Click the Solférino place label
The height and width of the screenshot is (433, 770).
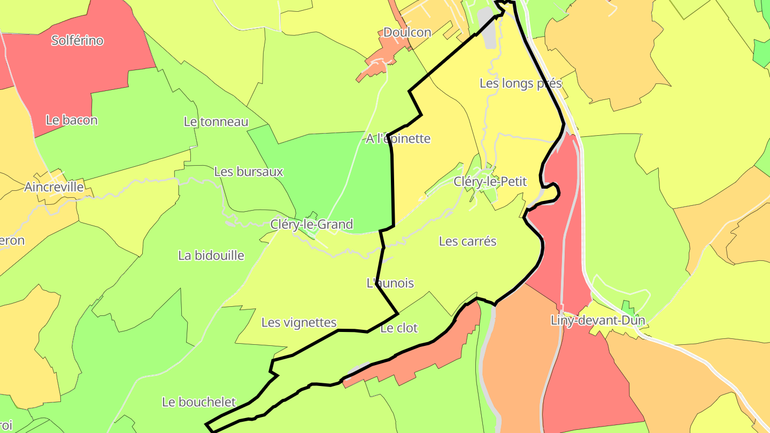coord(78,40)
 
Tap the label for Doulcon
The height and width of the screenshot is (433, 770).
coord(407,32)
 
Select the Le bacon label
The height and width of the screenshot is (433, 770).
coord(72,120)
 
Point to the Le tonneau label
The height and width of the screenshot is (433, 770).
coord(216,121)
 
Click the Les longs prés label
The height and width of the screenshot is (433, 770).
coord(521,83)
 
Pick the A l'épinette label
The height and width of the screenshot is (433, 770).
coord(398,138)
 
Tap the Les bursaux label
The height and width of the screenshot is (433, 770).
coord(249,172)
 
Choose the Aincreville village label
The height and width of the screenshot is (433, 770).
coord(54,187)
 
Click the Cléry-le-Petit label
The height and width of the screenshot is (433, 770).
coord(490,181)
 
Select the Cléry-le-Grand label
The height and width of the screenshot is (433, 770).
coord(312,224)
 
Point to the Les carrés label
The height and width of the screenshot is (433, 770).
coord(468,241)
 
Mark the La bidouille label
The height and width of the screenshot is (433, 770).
coord(211,255)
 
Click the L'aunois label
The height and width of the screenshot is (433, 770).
coord(390,283)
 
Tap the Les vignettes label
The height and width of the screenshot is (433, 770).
coord(299,322)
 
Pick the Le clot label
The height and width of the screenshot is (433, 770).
coord(399,328)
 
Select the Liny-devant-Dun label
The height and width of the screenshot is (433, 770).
coord(598,320)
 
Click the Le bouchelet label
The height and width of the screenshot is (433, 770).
coord(199,401)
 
